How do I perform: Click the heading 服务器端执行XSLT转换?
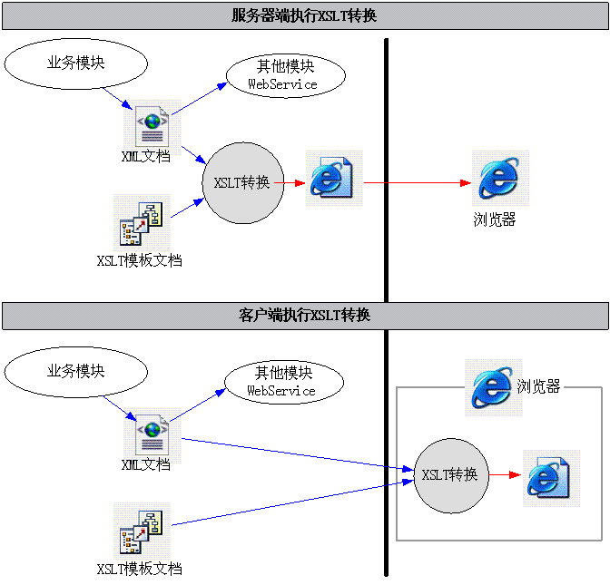click(x=304, y=15)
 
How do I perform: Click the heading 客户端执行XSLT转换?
click(x=304, y=316)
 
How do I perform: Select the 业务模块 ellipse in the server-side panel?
click(x=75, y=63)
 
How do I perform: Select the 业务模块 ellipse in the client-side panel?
click(x=75, y=371)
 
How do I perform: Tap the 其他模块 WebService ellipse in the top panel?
click(x=285, y=75)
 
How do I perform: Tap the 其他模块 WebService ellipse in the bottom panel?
click(x=284, y=382)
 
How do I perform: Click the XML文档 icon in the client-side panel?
click(x=152, y=432)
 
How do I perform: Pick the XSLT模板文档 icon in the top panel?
click(x=142, y=222)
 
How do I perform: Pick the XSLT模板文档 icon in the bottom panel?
click(x=142, y=531)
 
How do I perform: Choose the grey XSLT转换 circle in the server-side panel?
click(x=242, y=182)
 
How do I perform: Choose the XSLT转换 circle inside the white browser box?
click(x=451, y=474)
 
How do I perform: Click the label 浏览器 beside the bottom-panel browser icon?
click(x=539, y=387)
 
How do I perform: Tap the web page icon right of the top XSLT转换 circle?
click(x=334, y=178)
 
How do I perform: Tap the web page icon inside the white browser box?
click(x=551, y=478)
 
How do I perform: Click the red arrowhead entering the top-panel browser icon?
click(x=466, y=182)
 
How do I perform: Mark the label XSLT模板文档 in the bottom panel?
click(x=140, y=570)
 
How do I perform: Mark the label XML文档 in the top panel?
click(x=146, y=156)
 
